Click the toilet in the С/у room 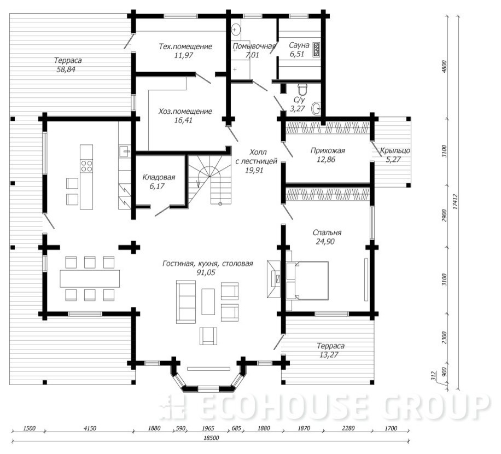click(302, 89)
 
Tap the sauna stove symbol click(317, 50)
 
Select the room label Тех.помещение click(185, 46)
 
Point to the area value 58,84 click(66, 69)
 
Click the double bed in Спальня click(307, 281)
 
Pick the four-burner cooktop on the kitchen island click(86, 166)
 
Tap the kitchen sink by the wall click(125, 151)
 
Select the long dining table click(90, 278)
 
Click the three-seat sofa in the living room click(186, 302)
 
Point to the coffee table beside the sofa click(208, 301)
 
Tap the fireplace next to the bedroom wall click(274, 279)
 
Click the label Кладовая click(159, 177)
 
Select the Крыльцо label click(395, 150)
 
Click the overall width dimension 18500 click(211, 438)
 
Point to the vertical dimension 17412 click(455, 202)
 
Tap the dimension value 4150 click(90, 428)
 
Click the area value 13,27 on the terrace click(329, 354)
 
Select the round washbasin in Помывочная click(236, 30)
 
